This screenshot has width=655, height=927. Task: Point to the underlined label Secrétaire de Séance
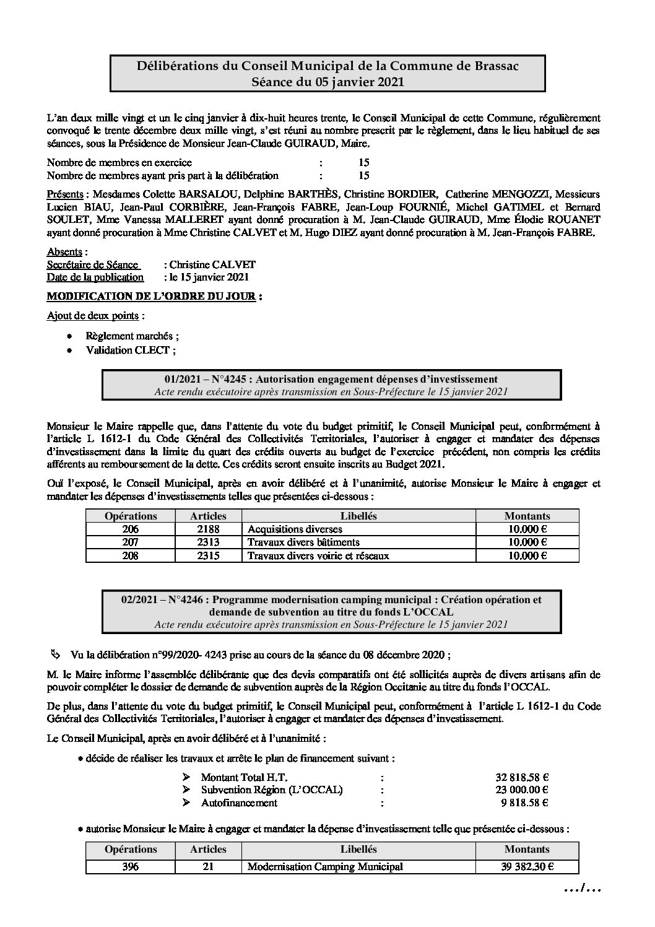[x=92, y=264]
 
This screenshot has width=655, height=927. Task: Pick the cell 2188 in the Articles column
[x=208, y=529]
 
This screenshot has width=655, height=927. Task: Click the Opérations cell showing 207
[x=131, y=542]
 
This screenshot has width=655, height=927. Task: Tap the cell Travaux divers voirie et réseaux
[x=318, y=556]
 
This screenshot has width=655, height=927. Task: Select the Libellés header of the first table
[x=358, y=516]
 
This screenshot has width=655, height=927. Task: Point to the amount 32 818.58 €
[x=526, y=777]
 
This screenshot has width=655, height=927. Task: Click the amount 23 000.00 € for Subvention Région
[x=526, y=790]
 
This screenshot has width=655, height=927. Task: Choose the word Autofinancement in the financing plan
[x=239, y=803]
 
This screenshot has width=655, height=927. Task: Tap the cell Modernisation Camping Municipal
[x=325, y=866]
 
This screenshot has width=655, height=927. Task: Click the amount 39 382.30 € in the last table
[x=527, y=866]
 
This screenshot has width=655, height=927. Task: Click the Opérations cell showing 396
[x=131, y=866]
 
